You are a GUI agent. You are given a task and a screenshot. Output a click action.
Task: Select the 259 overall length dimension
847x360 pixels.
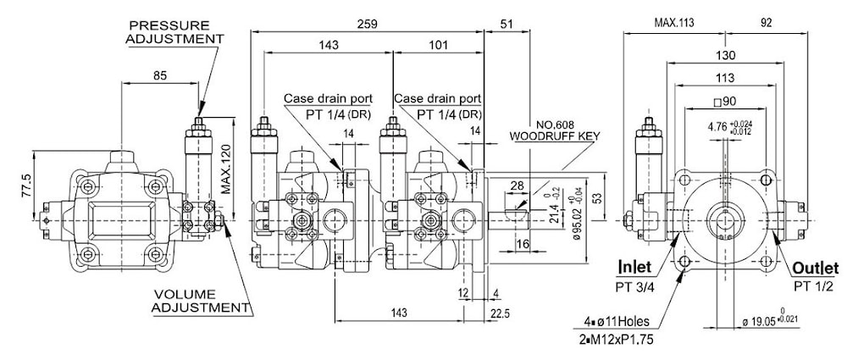coord(368,24)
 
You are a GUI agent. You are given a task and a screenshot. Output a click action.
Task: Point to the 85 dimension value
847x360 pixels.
coord(160,75)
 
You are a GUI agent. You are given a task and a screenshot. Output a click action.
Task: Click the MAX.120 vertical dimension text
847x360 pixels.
coord(226,170)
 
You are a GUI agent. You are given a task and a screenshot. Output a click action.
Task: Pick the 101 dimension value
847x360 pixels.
coord(438,45)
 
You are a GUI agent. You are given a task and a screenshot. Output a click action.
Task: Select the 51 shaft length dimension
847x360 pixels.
coord(507,24)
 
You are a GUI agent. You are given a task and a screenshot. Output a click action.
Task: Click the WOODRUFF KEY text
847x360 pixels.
coord(554,136)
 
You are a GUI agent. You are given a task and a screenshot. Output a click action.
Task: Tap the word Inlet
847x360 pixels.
coord(634,267)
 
